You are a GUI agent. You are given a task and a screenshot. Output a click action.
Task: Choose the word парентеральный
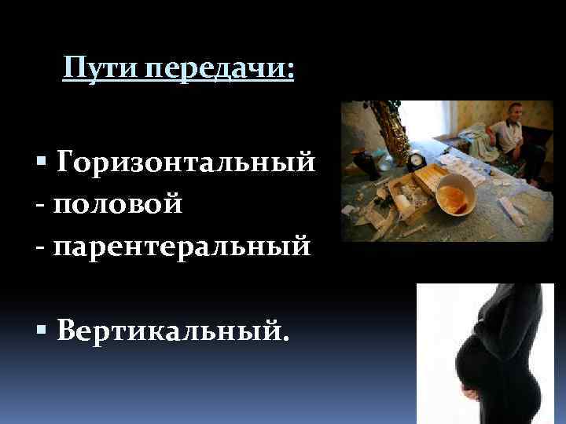182,247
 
